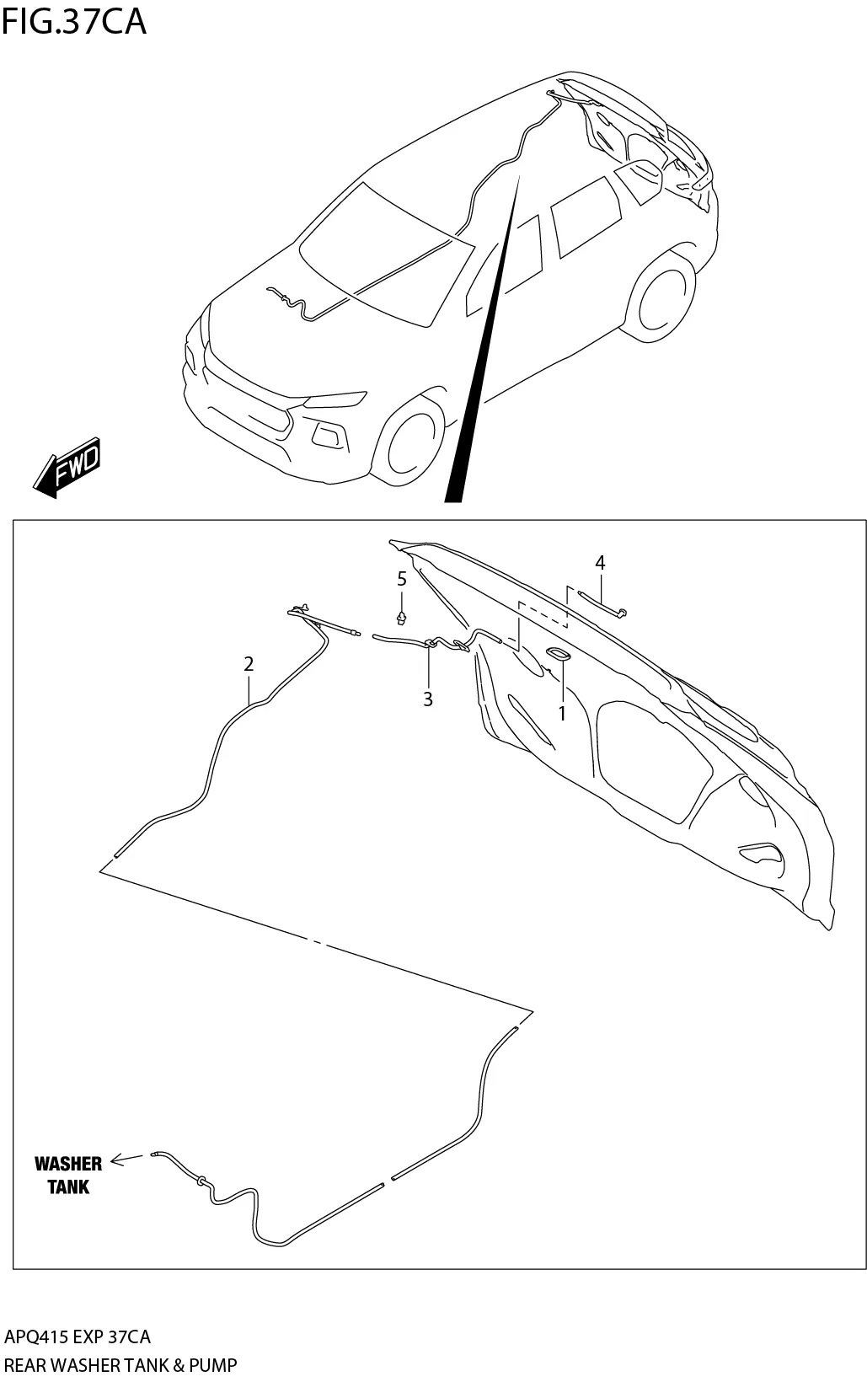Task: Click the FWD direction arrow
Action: [68, 467]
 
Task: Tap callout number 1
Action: [561, 713]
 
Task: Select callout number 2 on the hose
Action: [249, 664]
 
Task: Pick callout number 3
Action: [428, 699]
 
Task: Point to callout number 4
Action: [600, 562]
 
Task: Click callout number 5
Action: [402, 579]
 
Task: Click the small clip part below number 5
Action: [402, 619]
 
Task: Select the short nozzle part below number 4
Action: [602, 603]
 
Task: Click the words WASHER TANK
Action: [68, 1175]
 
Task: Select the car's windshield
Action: [388, 253]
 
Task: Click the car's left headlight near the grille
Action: [335, 398]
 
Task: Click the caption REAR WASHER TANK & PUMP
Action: [120, 1364]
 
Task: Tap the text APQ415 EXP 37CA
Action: [78, 1336]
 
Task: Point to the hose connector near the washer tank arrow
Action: [201, 1180]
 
